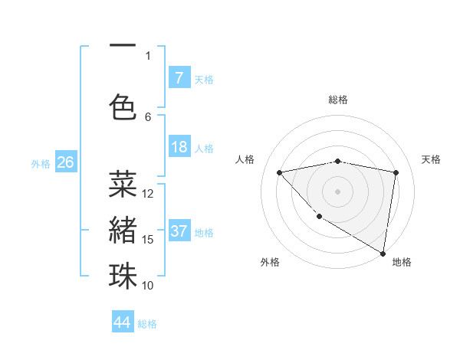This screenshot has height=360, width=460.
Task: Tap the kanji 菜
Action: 123,184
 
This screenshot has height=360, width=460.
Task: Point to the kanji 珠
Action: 123,276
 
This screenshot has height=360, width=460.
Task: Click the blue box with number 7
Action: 179,78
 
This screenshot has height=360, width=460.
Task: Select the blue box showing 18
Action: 179,148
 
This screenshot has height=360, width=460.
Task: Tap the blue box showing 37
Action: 179,232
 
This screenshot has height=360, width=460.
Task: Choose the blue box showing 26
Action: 65,162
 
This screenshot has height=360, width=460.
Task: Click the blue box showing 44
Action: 123,323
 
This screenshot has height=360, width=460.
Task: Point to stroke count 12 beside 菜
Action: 149,194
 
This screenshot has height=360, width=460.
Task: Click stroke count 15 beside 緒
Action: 149,240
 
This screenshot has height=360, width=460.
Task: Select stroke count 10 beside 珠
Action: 149,286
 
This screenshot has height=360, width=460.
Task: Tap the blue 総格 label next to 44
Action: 147,324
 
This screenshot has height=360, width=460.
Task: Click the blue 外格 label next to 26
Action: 41,163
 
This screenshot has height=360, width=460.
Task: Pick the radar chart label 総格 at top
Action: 338,100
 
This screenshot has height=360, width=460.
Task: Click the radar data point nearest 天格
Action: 396,172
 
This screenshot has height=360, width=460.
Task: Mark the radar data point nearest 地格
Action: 383,253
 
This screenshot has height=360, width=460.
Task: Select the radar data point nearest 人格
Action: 280,172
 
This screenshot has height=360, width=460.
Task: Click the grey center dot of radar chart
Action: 338,191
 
